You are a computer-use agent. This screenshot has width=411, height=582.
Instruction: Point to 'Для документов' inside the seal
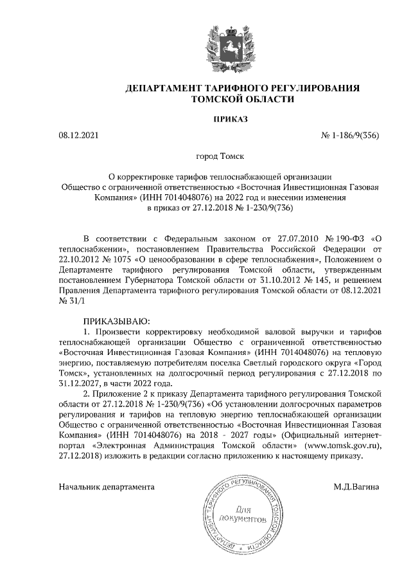240,513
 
